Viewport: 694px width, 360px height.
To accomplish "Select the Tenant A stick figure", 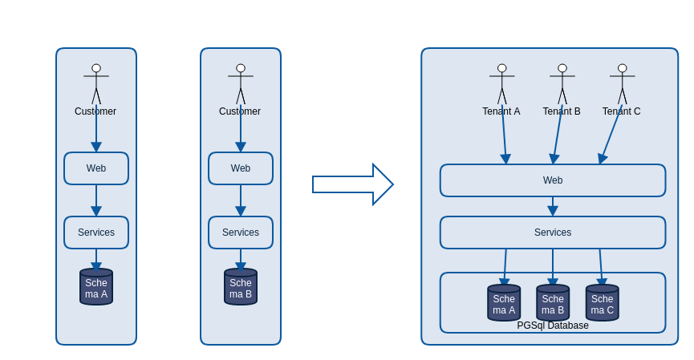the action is click(502, 84).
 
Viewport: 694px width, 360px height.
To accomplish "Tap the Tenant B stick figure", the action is click(562, 84).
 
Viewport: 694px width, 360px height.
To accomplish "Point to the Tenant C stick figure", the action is click(623, 84).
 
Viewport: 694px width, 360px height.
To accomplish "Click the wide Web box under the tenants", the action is click(553, 180).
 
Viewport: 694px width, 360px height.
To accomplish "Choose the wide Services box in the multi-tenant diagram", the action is click(553, 233).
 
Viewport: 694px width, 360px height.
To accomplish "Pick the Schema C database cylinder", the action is click(603, 303).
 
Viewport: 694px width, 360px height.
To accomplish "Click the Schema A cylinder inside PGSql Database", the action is click(504, 303).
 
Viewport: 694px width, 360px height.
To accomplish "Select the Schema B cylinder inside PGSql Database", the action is click(553, 303).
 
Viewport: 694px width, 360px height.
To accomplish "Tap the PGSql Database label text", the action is click(553, 326).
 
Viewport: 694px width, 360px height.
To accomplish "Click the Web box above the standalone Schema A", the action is click(96, 168).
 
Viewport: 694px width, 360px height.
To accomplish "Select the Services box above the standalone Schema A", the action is click(96, 233).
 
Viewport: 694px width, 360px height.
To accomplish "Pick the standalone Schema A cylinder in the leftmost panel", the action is click(96, 287).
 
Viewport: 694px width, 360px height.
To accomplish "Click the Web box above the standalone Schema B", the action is click(241, 168).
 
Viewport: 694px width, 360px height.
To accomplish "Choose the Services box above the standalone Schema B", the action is click(241, 233).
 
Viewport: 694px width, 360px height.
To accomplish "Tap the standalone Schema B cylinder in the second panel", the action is click(241, 287).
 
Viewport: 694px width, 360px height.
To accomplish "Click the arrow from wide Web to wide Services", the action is click(553, 207).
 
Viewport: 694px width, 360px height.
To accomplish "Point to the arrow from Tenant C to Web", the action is click(611, 135).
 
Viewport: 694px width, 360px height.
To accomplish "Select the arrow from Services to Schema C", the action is click(601, 268).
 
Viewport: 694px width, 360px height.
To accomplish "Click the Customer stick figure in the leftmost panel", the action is click(96, 84).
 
